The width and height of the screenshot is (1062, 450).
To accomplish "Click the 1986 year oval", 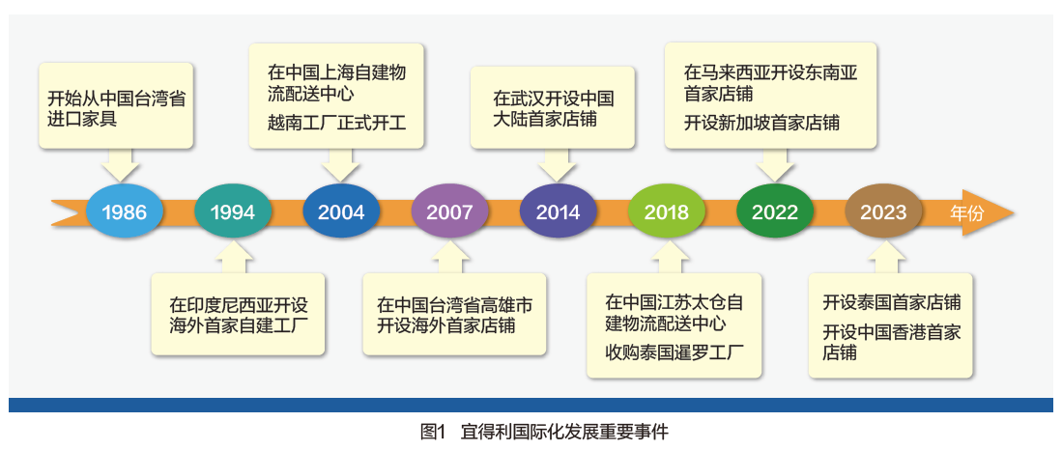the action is (125, 211).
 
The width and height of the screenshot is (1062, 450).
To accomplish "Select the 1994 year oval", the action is (233, 211).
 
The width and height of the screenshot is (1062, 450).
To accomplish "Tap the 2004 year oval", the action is (341, 211).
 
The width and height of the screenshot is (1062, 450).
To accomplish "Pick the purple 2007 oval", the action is (449, 211).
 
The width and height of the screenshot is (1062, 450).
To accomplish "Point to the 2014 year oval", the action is (559, 211).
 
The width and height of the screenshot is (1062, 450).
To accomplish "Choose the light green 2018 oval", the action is (667, 211).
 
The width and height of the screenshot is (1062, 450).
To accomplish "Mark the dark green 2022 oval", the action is (775, 211).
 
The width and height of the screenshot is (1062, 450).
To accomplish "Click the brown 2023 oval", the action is (883, 211).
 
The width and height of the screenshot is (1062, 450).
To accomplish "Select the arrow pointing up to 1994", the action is (233, 257).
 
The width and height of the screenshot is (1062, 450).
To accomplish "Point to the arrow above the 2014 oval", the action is (559, 164).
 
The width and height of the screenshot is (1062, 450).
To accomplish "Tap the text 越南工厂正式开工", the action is (336, 124).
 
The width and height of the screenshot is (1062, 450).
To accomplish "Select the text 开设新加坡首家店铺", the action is (762, 124).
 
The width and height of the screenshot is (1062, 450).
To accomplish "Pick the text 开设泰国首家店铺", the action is (892, 302).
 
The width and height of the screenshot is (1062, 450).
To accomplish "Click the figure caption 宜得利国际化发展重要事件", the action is (564, 432).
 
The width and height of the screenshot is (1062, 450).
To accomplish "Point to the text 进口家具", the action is (82, 121).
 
